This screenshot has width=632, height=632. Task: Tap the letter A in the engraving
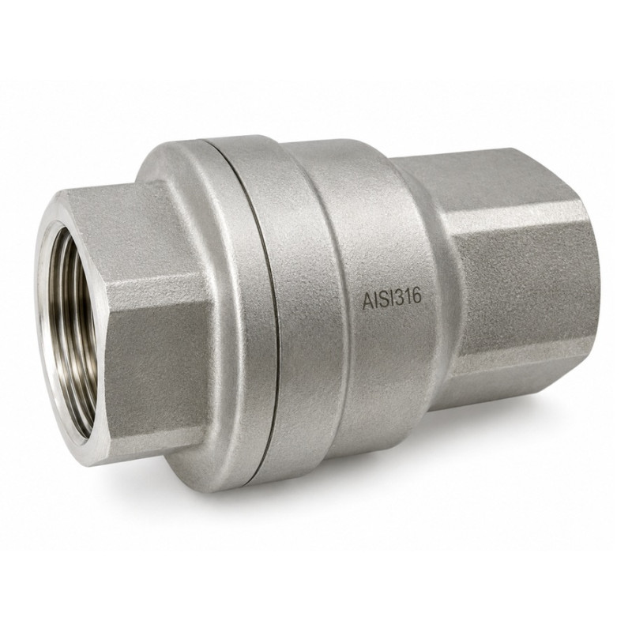367,303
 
